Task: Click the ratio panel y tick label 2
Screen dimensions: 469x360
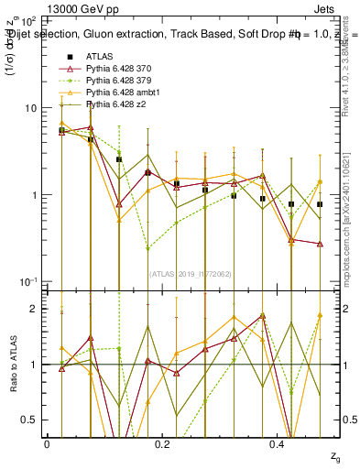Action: pos(31,309)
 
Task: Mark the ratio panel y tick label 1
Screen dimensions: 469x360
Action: pos(31,365)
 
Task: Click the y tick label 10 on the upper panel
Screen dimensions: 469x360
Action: pos(27,108)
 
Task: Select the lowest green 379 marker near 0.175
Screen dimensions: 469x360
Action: pos(147,248)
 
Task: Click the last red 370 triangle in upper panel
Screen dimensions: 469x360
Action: pos(320,244)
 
